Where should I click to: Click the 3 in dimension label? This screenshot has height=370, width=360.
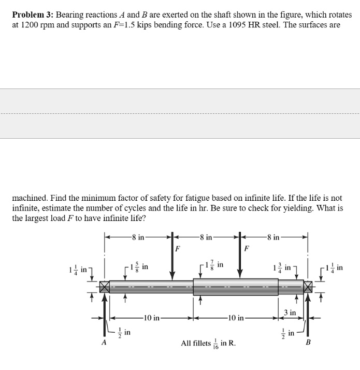[x=290, y=312]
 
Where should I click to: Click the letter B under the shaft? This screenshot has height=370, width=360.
[x=310, y=342]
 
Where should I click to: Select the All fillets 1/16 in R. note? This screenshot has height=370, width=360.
[x=208, y=343]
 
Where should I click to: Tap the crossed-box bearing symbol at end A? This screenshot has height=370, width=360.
[x=105, y=287]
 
